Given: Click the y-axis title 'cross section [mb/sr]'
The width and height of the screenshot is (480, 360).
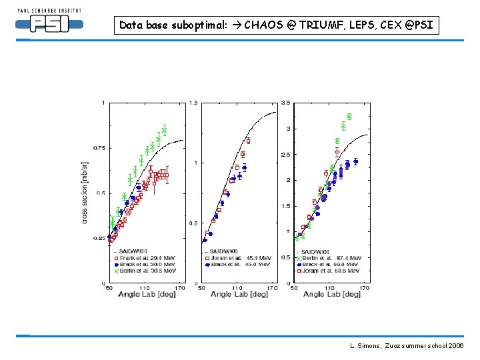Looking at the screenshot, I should click(85, 191).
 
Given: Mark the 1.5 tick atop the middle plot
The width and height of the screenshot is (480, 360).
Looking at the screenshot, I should click(193, 103).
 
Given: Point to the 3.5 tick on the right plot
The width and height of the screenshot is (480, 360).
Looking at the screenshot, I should click(285, 103).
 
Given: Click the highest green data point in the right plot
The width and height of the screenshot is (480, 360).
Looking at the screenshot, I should click(349, 116).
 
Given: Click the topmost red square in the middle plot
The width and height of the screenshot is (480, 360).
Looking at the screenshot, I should click(248, 141).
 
